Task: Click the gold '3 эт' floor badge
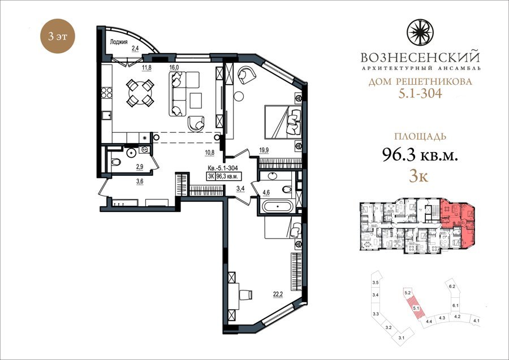click(x=58, y=36)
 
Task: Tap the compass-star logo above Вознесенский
click(x=420, y=32)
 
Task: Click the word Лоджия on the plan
click(x=119, y=42)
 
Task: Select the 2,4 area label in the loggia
click(x=135, y=49)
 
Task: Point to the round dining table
click(x=140, y=93)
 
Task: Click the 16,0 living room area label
click(x=174, y=67)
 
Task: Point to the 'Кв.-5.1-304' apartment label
click(x=223, y=168)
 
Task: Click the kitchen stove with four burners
click(x=107, y=93)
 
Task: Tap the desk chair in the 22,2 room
click(x=246, y=294)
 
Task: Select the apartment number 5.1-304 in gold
click(x=420, y=94)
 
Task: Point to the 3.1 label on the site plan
click(x=402, y=339)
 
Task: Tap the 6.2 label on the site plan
click(x=452, y=287)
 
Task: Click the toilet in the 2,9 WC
click(x=115, y=162)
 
